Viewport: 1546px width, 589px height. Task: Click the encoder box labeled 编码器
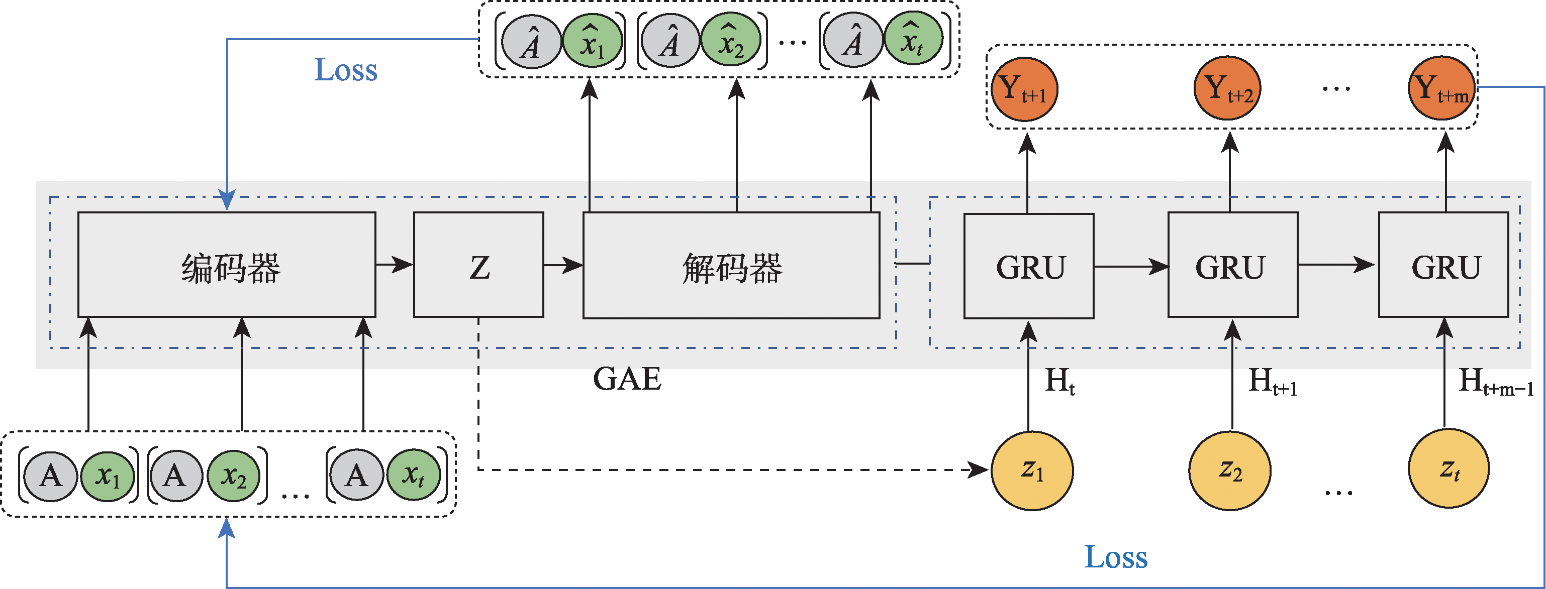pos(227,265)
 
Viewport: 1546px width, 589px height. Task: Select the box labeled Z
pos(478,265)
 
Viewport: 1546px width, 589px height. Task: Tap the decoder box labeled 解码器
pos(731,265)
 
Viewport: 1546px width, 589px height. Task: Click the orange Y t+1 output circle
pos(1024,89)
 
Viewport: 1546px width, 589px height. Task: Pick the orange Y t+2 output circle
pos(1228,89)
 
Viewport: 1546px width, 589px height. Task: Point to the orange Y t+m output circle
pos(1441,89)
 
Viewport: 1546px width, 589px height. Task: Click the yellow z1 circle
pos(1032,470)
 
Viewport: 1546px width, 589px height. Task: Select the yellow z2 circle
pos(1230,470)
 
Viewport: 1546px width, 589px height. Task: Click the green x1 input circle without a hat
pos(108,476)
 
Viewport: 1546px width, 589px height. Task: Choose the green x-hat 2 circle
pos(731,41)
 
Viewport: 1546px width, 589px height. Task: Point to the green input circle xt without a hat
pos(414,476)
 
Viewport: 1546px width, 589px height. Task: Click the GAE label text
pos(627,379)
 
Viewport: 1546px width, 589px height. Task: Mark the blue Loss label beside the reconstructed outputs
pos(346,70)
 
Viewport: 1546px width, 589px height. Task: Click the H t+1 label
pos(1272,382)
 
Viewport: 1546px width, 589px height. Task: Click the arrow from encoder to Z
pos(395,264)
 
